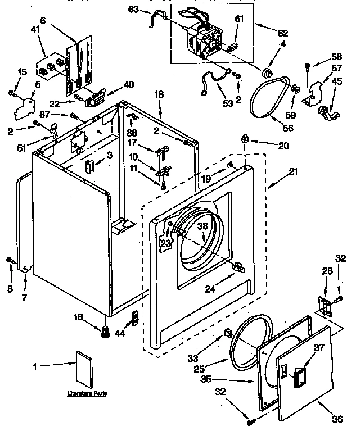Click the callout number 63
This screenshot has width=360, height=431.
coord(133,8)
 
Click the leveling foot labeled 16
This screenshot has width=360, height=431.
coord(103,332)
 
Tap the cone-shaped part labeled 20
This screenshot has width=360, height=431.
coord(246,138)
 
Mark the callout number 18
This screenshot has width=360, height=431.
coord(159,95)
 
